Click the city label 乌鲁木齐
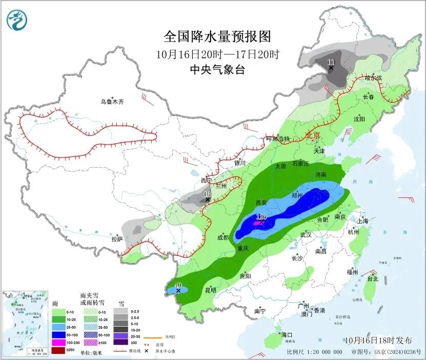click(x=112, y=102)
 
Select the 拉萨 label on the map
click(x=117, y=239)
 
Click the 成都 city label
click(x=222, y=237)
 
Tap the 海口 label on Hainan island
click(x=287, y=335)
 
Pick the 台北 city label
click(x=372, y=279)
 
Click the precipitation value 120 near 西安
click(x=261, y=217)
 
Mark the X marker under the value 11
click(x=331, y=68)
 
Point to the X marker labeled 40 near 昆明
click(x=178, y=291)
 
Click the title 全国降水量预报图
click(x=217, y=36)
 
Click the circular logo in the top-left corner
click(x=17, y=20)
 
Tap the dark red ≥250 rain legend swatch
click(x=58, y=350)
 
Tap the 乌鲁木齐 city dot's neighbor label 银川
click(x=240, y=163)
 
